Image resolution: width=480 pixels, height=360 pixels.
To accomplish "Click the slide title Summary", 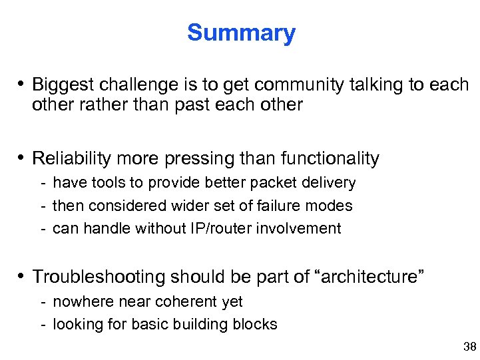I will [x=241, y=33].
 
